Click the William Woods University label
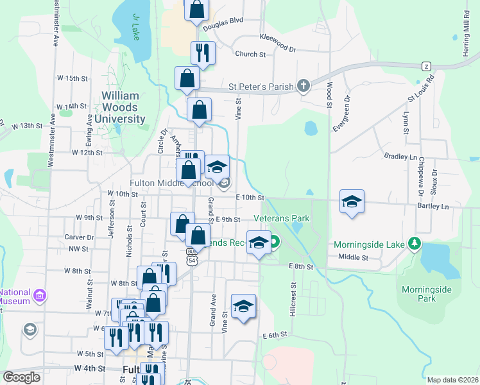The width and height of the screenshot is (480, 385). (124, 108)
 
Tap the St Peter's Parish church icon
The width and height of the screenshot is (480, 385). (304, 86)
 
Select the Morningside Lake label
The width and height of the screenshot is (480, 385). (369, 244)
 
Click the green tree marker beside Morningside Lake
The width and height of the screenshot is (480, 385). (415, 243)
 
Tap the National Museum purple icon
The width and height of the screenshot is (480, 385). (40, 295)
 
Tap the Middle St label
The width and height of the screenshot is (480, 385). (353, 257)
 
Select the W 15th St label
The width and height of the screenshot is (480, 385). (72, 78)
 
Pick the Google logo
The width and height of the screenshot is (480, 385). (22, 377)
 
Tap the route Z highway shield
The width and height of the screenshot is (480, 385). (425, 66)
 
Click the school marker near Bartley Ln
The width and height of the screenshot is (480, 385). (352, 202)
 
